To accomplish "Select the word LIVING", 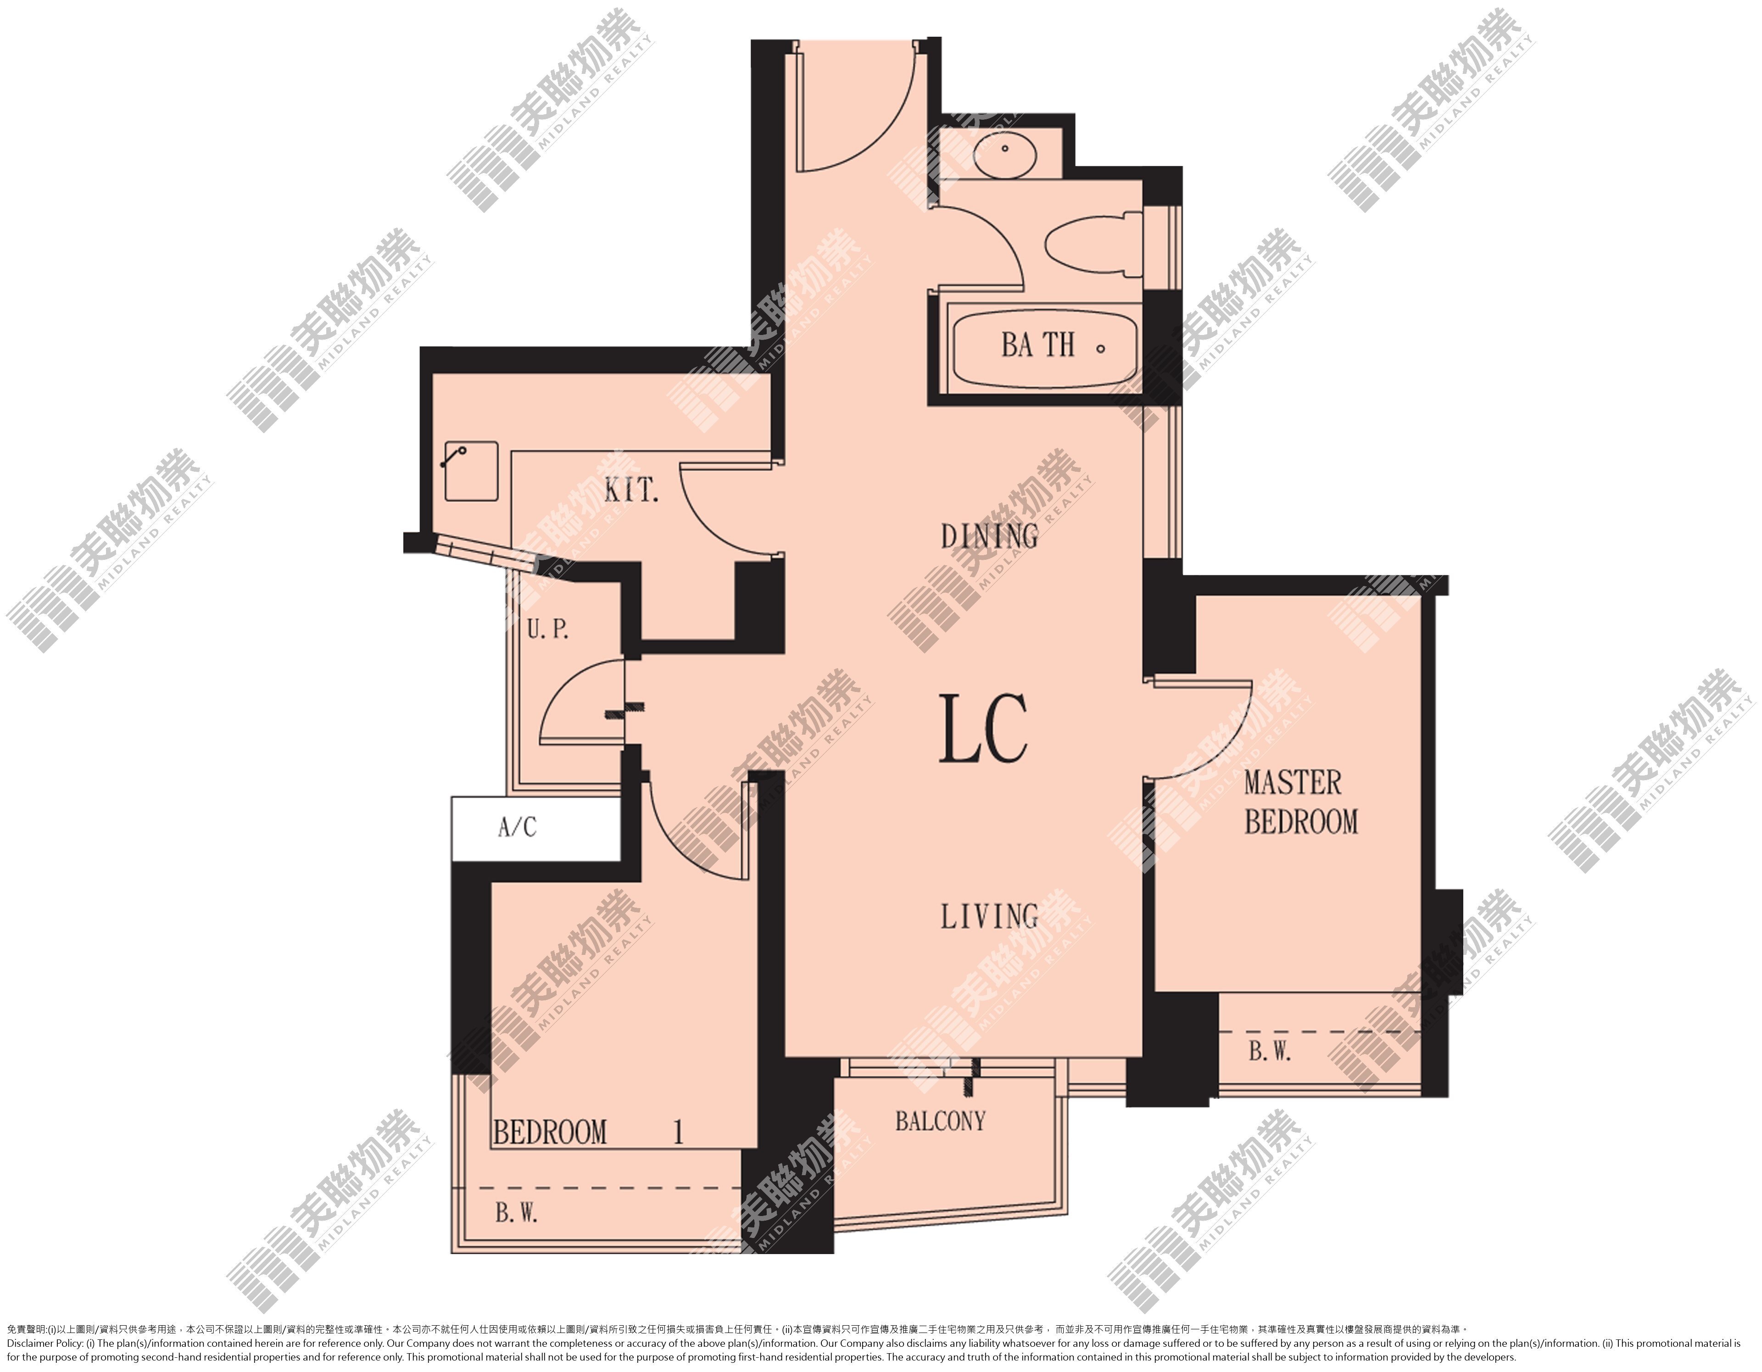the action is click(990, 916).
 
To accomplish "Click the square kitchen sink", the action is click(471, 472).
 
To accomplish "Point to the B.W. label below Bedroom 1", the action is click(516, 1214).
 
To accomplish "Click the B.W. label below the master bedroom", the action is click(1270, 1051).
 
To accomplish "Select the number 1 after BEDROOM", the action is click(679, 1132).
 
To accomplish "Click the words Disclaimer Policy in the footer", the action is click(45, 1344).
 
